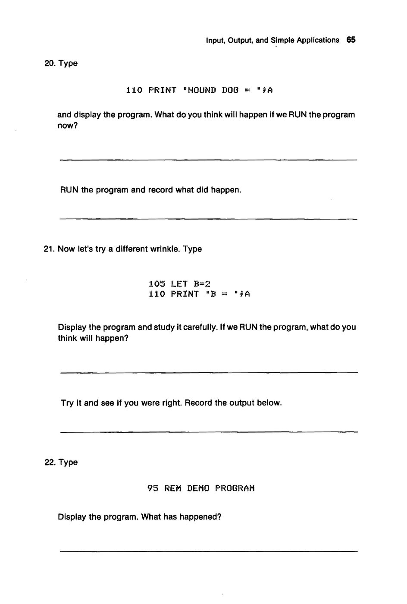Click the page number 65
[351, 40]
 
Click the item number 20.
[50, 63]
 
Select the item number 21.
[50, 249]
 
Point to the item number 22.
[50, 462]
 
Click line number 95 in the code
[153, 488]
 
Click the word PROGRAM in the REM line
[235, 488]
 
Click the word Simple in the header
[269, 40]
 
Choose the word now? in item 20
[68, 126]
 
